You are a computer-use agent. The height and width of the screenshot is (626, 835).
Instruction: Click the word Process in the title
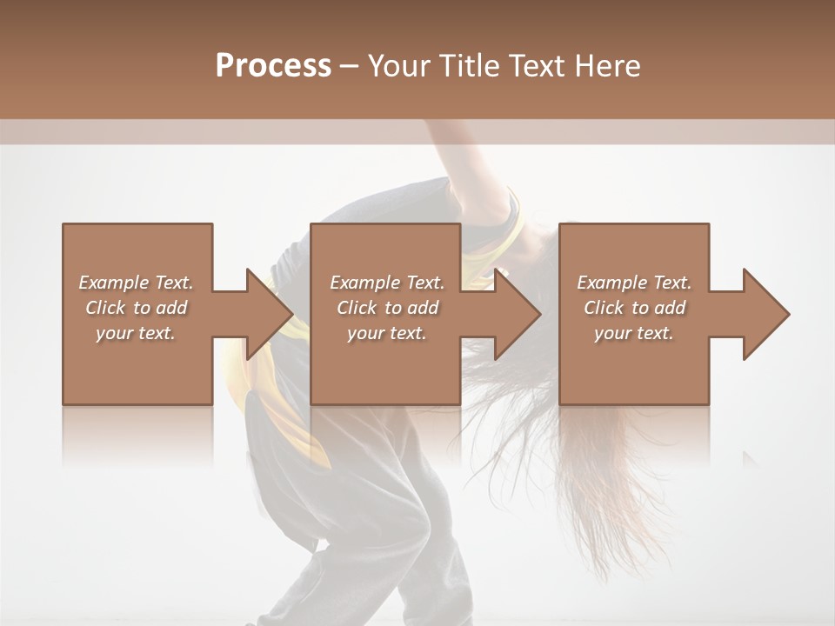(273, 66)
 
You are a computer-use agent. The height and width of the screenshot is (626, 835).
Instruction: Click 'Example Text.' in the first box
(136, 283)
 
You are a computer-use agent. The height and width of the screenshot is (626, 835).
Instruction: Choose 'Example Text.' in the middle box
(387, 283)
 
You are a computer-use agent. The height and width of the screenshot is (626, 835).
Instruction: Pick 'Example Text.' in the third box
(634, 283)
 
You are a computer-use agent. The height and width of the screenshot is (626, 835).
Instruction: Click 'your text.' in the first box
(136, 333)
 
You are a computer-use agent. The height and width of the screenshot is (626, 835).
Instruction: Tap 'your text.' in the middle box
(387, 333)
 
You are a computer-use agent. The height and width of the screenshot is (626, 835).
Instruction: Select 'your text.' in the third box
(634, 333)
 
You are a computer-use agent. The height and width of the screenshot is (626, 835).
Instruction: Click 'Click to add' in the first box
(136, 308)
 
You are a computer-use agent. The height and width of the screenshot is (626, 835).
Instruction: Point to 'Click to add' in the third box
(634, 308)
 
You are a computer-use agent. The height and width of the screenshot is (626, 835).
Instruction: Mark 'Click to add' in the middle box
(387, 308)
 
